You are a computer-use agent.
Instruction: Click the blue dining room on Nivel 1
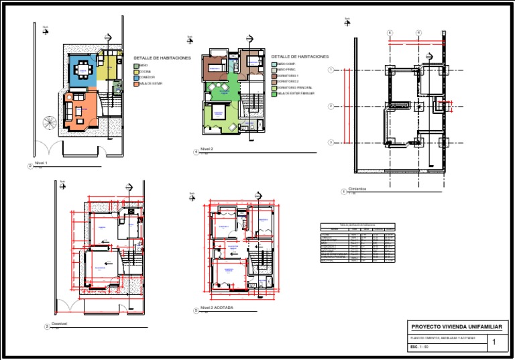pyautogui.click(x=82, y=70)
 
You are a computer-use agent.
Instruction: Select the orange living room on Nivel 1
pyautogui.click(x=79, y=111)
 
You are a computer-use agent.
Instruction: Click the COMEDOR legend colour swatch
pyautogui.click(x=136, y=77)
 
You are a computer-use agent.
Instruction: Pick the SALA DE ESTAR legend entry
pyautogui.click(x=151, y=83)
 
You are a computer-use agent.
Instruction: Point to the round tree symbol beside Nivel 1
pyautogui.click(x=50, y=123)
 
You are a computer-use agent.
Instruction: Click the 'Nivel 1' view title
pyautogui.click(x=42, y=163)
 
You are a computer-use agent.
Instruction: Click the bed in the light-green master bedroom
pyautogui.click(x=218, y=113)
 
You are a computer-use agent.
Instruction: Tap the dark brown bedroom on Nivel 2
pyautogui.click(x=216, y=67)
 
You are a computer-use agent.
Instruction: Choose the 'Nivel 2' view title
pyautogui.click(x=207, y=149)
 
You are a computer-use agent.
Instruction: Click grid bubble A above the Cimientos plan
pyautogui.click(x=390, y=32)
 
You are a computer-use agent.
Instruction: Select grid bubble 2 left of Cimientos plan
pyautogui.click(x=331, y=106)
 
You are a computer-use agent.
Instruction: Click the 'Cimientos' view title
pyautogui.click(x=357, y=189)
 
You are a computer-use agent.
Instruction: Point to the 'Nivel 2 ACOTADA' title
pyautogui.click(x=217, y=309)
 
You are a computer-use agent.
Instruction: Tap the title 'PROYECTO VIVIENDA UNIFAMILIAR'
pyautogui.click(x=456, y=326)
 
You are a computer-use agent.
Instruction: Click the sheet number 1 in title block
pyautogui.click(x=494, y=343)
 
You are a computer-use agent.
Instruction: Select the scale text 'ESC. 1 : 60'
pyautogui.click(x=419, y=347)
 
